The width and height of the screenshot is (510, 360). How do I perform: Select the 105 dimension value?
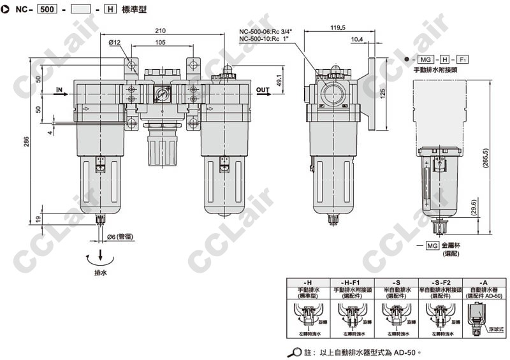point(160,42)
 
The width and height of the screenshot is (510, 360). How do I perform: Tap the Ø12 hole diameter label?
point(115,43)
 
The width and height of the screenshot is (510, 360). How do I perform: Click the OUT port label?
point(263,90)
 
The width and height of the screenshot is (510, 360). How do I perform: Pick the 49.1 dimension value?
point(279,81)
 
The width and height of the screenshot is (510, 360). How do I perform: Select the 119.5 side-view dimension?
point(338,27)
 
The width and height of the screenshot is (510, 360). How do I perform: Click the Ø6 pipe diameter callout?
point(120,237)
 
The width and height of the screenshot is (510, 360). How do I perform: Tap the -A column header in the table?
point(479,281)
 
